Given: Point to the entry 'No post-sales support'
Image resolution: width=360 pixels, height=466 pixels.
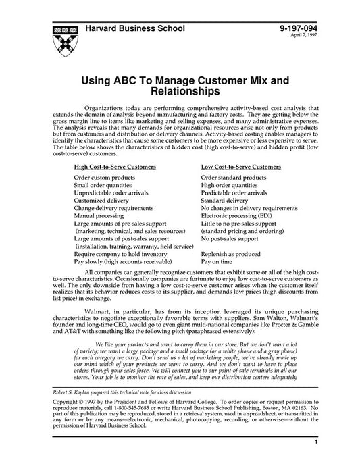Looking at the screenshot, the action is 230,238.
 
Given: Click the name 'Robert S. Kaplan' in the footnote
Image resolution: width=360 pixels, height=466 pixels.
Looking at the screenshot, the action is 74,411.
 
